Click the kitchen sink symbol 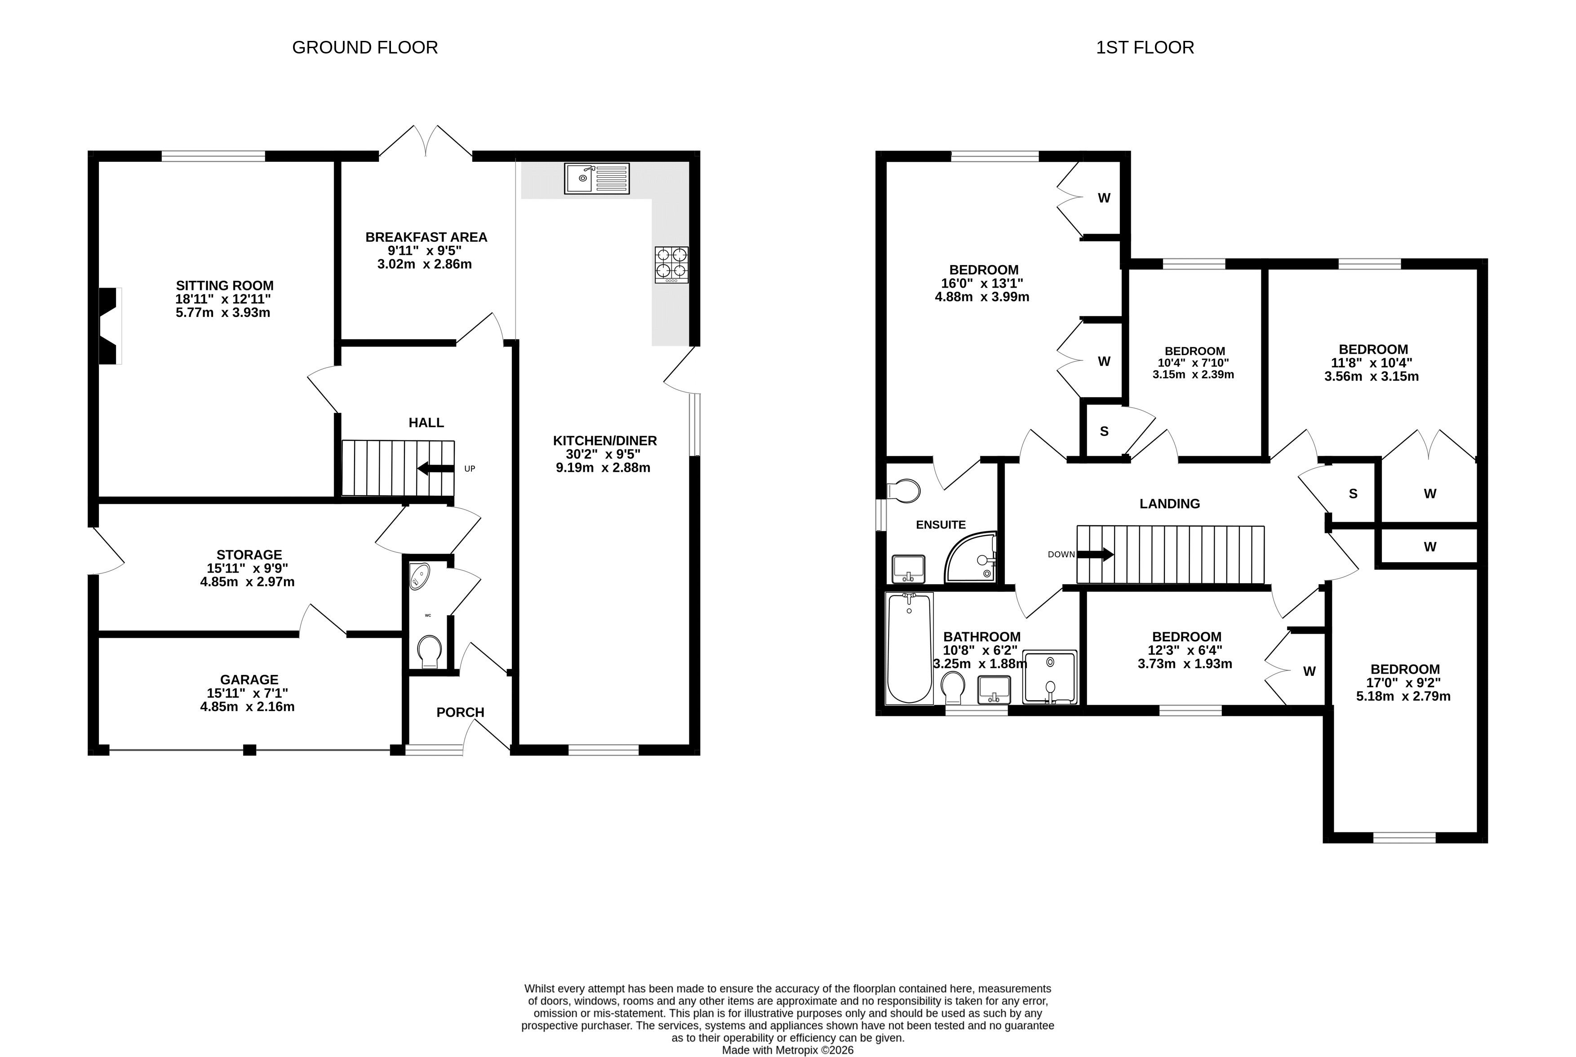597,179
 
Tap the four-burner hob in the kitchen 671,264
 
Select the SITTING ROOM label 225,286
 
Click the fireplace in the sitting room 110,326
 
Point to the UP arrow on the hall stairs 435,468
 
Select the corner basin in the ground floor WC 419,576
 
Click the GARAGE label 249,679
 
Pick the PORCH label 460,713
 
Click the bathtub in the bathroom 910,648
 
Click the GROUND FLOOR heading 365,47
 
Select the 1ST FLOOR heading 1145,47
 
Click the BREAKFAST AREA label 426,237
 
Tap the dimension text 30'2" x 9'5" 603,454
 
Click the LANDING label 1169,503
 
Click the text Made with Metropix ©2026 787,1050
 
